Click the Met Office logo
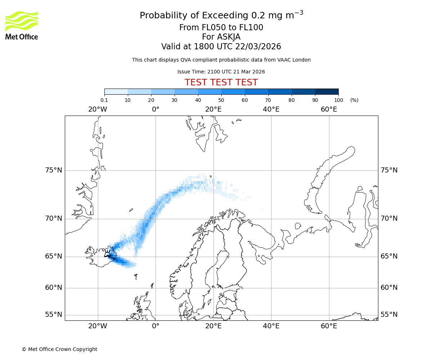pyautogui.click(x=22, y=25)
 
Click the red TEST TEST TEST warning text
pyautogui.click(x=221, y=82)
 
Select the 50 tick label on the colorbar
pyautogui.click(x=221, y=100)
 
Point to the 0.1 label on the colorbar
pyautogui.click(x=104, y=100)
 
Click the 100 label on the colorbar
pyautogui.click(x=338, y=100)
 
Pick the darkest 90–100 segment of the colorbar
pyautogui.click(x=327, y=91)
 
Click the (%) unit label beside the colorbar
pyautogui.click(x=354, y=100)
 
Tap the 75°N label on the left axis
pyautogui.click(x=54, y=170)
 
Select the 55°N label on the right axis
pyautogui.click(x=389, y=315)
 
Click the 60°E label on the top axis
pyautogui.click(x=329, y=109)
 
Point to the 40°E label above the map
pyautogui.click(x=271, y=109)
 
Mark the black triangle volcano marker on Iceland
pyautogui.click(x=107, y=254)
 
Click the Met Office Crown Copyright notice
pyautogui.click(x=59, y=349)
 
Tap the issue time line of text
pyautogui.click(x=221, y=72)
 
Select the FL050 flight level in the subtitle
pyautogui.click(x=209, y=28)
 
